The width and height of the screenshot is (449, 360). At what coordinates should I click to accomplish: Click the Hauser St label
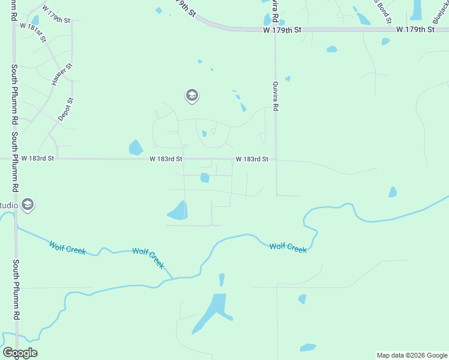click(x=62, y=75)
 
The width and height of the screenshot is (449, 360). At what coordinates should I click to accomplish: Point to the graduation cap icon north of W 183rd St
click(x=191, y=95)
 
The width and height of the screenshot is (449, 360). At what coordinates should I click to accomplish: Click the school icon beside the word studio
click(x=27, y=205)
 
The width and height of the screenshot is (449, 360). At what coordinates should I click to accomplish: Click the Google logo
click(x=20, y=353)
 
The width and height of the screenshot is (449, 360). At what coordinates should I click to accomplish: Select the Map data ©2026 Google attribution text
click(x=412, y=355)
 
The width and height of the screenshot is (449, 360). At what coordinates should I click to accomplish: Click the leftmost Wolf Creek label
click(x=67, y=248)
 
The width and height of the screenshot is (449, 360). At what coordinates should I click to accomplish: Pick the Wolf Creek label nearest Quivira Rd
click(x=288, y=247)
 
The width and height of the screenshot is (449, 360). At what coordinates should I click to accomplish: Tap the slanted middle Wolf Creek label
click(x=148, y=258)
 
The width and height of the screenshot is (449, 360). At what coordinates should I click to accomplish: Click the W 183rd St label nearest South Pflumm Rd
click(x=38, y=158)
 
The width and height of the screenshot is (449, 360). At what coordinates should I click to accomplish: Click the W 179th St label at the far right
click(x=415, y=29)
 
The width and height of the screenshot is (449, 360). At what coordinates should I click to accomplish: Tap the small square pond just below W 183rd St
click(x=205, y=178)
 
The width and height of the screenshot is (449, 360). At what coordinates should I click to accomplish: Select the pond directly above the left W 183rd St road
click(x=136, y=148)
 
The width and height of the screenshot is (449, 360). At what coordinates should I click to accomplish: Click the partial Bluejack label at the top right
click(x=439, y=8)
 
